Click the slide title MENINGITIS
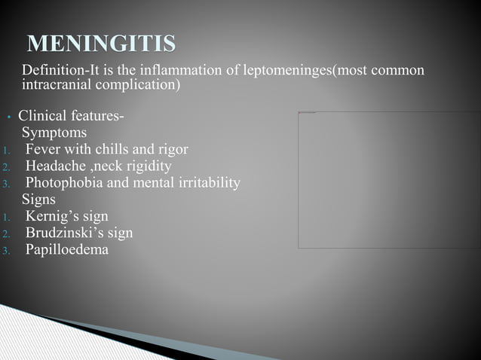pyautogui.click(x=101, y=43)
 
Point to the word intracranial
pyautogui.click(x=57, y=84)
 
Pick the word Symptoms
pyautogui.click(x=54, y=133)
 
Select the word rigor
pyautogui.click(x=170, y=149)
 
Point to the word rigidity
pyautogui.click(x=146, y=166)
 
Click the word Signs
pyautogui.click(x=38, y=200)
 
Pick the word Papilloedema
pyautogui.click(x=67, y=249)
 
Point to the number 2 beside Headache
pyautogui.click(x=5, y=167)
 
